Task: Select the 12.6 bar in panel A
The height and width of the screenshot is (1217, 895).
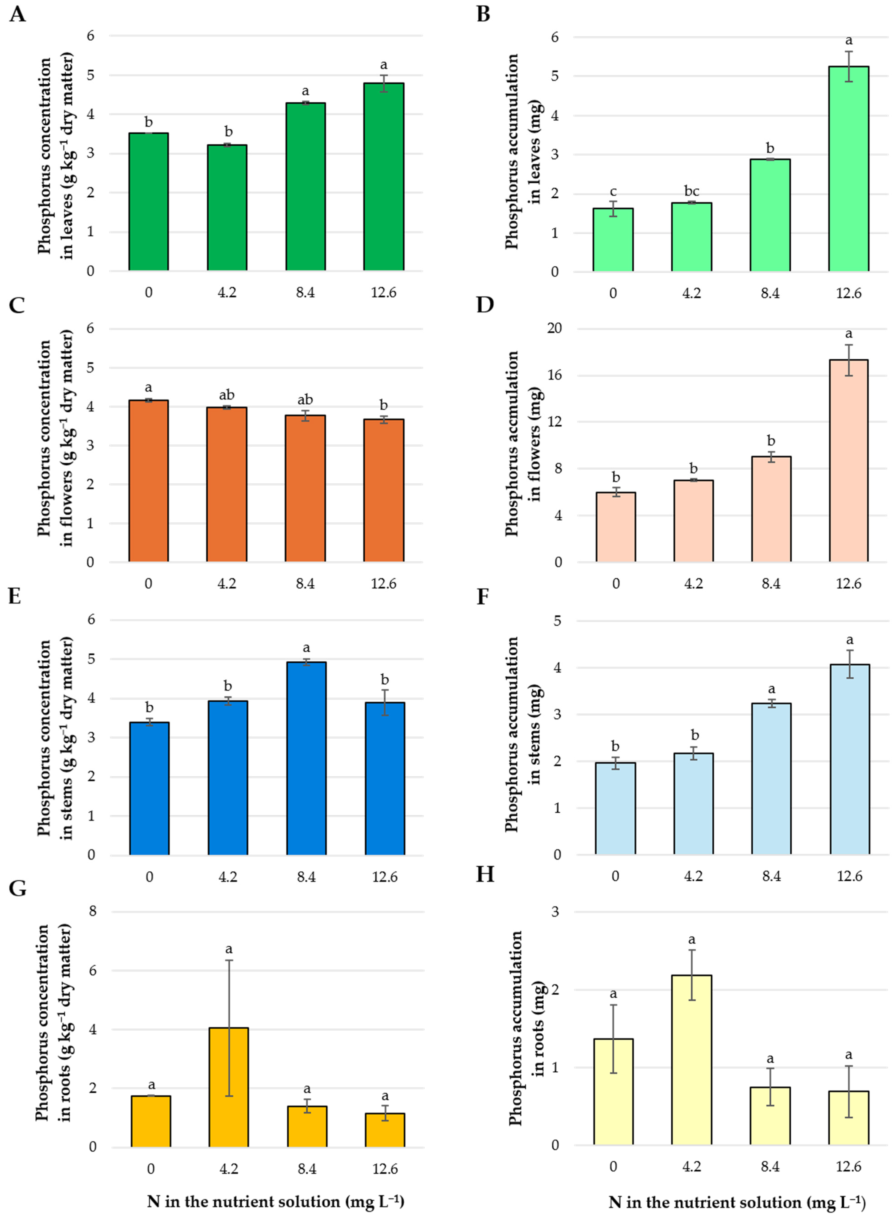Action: [x=384, y=176]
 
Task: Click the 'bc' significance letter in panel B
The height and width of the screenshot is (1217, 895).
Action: [x=691, y=191]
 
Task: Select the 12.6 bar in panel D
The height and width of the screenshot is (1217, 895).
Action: [x=848, y=461]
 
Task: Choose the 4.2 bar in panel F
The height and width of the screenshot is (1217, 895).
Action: [x=693, y=804]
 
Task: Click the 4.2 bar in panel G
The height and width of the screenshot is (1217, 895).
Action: [x=229, y=1087]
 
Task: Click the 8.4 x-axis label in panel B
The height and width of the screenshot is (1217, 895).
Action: [x=770, y=294]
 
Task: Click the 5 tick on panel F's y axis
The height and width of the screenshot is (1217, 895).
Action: [x=557, y=620]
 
